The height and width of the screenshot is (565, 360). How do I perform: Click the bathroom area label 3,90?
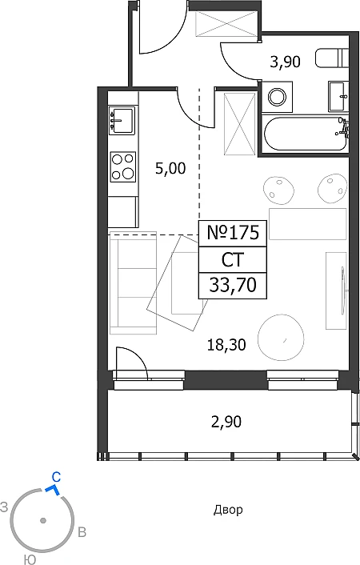(x=285, y=62)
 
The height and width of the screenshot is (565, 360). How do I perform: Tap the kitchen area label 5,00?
(x=170, y=168)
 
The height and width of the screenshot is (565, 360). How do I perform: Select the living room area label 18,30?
(x=226, y=345)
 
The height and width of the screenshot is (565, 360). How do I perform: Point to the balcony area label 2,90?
(x=226, y=421)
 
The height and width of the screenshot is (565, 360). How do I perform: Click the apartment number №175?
(x=233, y=232)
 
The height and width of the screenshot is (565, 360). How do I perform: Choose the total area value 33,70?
(x=233, y=285)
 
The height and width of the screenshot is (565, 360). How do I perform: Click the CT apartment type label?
(x=233, y=259)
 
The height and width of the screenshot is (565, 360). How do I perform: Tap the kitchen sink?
(x=122, y=121)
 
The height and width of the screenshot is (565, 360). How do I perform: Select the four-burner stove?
(x=123, y=166)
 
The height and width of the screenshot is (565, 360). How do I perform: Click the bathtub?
(x=305, y=134)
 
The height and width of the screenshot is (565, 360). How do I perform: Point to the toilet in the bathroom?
(x=332, y=58)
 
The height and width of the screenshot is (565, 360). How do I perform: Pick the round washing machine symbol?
(x=277, y=97)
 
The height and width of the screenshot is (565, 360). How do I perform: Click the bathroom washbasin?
(x=338, y=97)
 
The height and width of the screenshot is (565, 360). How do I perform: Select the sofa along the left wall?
(x=133, y=282)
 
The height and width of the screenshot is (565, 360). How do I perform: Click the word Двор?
(x=228, y=510)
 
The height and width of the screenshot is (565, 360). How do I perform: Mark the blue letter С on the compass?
(x=56, y=478)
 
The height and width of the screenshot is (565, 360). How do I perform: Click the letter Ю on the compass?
(x=30, y=559)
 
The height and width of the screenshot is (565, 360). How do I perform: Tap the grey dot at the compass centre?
(x=43, y=520)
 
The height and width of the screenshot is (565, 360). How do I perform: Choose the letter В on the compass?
(x=82, y=532)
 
